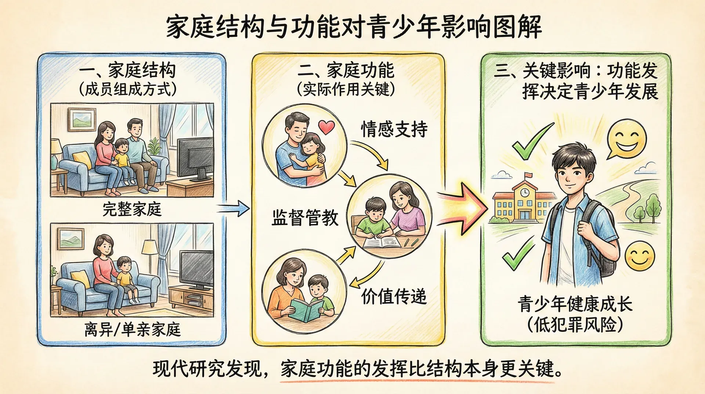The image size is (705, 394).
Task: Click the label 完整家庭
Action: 132,209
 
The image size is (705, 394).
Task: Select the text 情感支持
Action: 394,129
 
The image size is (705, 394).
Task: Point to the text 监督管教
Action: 305,218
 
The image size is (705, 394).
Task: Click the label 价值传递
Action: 394,297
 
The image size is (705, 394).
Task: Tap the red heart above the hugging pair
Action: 326,127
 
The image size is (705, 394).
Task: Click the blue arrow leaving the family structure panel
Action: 234,208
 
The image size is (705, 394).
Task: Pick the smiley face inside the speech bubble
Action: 626,139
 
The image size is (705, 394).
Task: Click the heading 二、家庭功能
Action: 346,71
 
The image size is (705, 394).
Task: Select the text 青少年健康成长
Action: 575,304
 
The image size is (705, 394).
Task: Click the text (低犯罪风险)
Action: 575,325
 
